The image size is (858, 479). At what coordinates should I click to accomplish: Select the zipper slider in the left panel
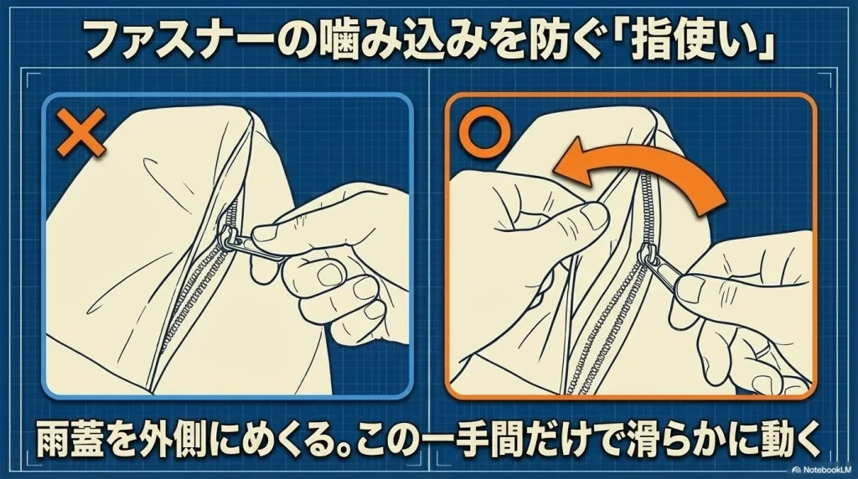[x=227, y=239]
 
